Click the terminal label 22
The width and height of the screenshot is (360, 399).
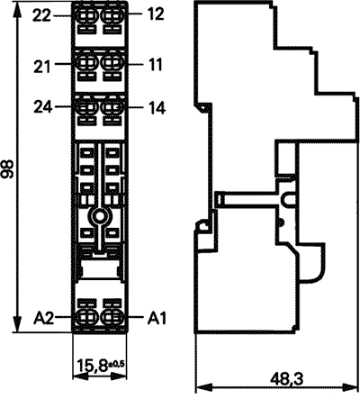pos(41,15)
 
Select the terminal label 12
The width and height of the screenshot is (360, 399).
pos(156,14)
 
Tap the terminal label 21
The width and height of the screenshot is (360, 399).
pos(41,67)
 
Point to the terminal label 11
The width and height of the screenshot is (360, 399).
pos(155,64)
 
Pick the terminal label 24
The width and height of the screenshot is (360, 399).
pos(42,107)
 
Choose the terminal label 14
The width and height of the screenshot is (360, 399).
pos(157,108)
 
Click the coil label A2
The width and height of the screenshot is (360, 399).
pos(43,319)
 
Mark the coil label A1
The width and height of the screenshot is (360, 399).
pos(157,319)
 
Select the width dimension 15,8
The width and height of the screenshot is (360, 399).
pos(93,366)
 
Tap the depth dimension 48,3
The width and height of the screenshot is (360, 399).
pos(287,379)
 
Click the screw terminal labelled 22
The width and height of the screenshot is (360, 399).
pos(86,14)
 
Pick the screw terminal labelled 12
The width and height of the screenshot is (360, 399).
pos(112,14)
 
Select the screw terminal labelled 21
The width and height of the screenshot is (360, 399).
pos(86,63)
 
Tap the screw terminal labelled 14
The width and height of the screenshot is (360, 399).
pos(112,107)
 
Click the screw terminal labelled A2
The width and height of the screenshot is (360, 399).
pos(86,316)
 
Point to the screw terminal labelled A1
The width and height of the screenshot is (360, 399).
pos(112,316)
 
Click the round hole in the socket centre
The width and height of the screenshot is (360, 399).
pos(99,215)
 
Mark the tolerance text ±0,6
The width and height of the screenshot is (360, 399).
pos(116,364)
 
